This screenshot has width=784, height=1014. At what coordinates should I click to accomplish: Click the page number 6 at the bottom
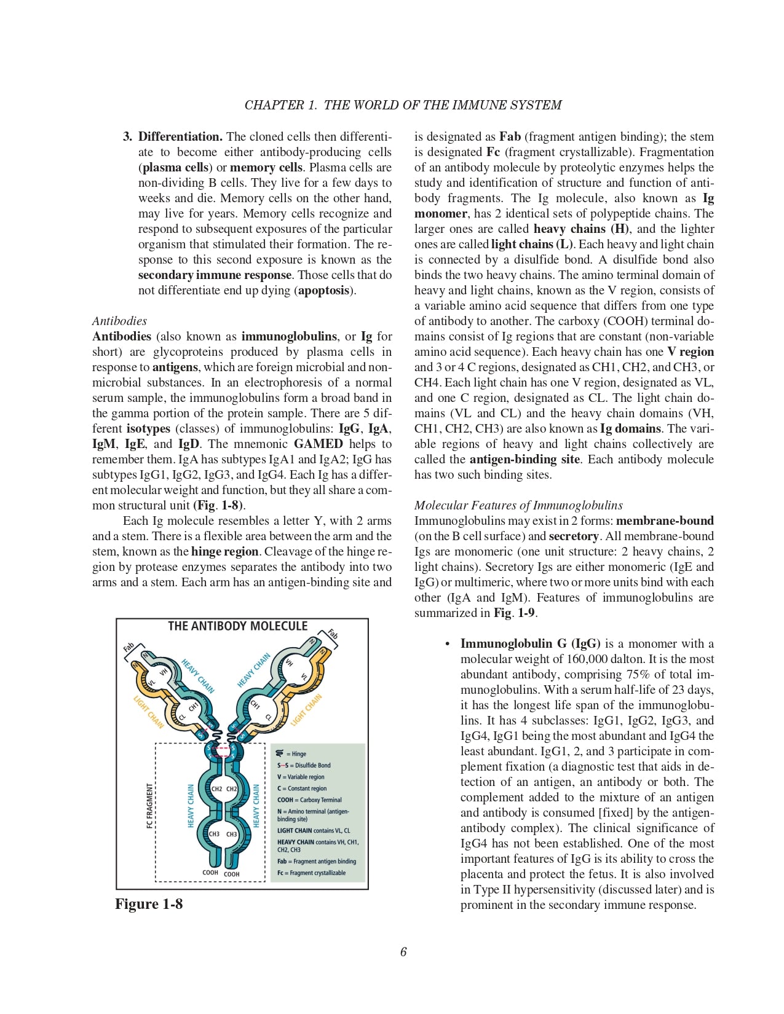(x=403, y=952)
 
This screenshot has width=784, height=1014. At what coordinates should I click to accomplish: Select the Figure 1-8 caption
(x=149, y=904)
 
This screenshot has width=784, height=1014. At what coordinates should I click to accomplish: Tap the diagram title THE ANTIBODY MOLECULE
(x=237, y=626)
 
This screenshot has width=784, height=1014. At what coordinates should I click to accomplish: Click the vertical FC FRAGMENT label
(x=149, y=806)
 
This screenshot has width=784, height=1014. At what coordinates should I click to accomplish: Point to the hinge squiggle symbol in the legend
(x=280, y=753)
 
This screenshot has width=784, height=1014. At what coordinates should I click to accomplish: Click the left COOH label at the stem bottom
(x=210, y=872)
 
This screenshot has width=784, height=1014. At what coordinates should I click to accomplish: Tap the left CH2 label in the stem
(x=216, y=788)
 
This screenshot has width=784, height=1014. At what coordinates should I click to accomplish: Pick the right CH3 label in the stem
(x=232, y=834)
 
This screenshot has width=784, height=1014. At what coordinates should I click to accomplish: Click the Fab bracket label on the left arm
(x=129, y=647)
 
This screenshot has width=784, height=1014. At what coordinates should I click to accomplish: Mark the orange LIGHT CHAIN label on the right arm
(x=306, y=710)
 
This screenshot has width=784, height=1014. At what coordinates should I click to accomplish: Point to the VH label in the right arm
(x=288, y=662)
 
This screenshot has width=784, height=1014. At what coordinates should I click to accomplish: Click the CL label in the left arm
(x=182, y=717)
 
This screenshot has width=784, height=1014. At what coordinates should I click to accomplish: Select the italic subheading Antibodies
(x=119, y=321)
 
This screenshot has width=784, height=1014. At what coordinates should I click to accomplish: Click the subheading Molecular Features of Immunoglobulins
(x=518, y=505)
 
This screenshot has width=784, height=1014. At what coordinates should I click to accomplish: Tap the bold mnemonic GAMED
(x=318, y=444)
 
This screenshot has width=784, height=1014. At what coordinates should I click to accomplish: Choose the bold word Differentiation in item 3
(x=180, y=136)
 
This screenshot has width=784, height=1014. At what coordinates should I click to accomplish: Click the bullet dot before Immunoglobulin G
(x=448, y=644)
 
